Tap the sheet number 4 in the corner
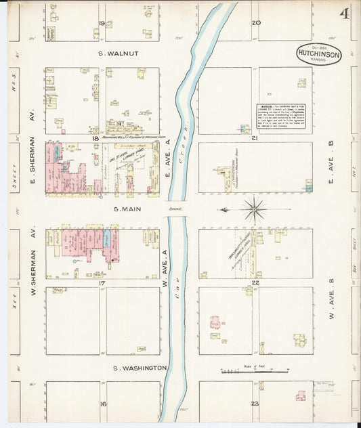pos(345,14)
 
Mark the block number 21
pos(255,138)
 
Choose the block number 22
pos(255,282)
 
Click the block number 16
pos(103,404)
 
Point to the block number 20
pos(256,22)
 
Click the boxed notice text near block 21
pos(280,116)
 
